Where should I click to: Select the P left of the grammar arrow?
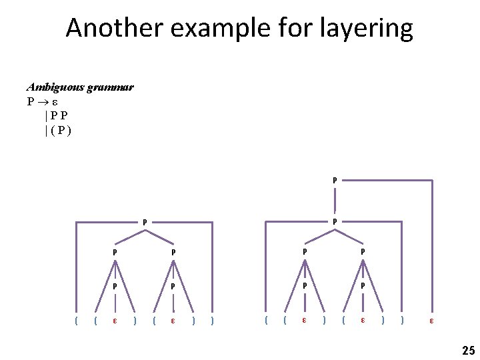(x=31, y=102)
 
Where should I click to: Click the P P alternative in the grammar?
(x=59, y=115)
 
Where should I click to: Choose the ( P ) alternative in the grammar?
(x=59, y=129)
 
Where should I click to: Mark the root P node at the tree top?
(x=335, y=179)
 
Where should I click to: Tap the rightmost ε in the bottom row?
(x=431, y=321)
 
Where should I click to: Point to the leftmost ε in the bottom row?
(x=115, y=321)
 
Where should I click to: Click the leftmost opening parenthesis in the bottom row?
(x=77, y=321)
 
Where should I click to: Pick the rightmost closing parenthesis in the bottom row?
(x=402, y=321)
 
